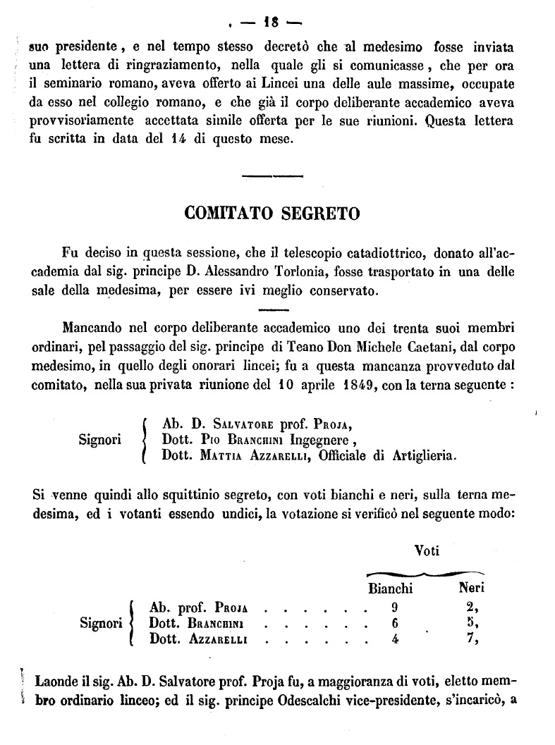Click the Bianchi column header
click(x=390, y=587)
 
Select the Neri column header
click(x=472, y=586)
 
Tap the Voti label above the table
click(x=426, y=550)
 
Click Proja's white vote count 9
click(x=394, y=605)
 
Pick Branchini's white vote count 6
click(x=394, y=623)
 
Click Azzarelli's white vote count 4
click(x=394, y=640)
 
